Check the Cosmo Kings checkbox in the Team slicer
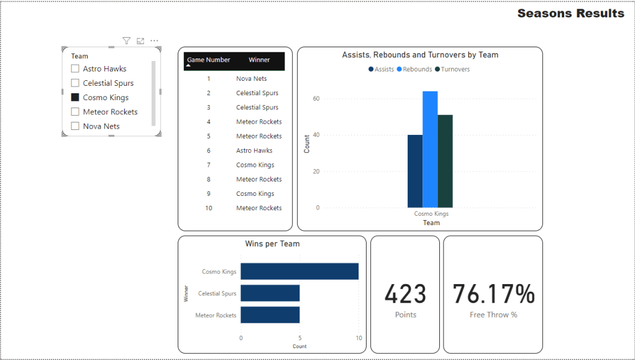(75, 98)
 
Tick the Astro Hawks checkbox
(75, 69)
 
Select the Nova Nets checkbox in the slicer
(75, 126)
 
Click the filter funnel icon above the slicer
(127, 41)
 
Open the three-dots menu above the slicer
(154, 41)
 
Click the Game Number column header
(209, 60)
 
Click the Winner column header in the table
(259, 60)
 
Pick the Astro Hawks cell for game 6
(254, 150)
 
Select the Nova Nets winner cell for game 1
(252, 79)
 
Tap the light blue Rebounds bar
(430, 149)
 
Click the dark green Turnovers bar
(445, 161)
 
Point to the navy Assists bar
(415, 171)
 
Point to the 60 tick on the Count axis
(316, 99)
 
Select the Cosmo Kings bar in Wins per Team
(299, 272)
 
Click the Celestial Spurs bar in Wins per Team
(270, 293)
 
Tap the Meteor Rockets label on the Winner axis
(216, 315)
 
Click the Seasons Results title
(570, 14)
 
